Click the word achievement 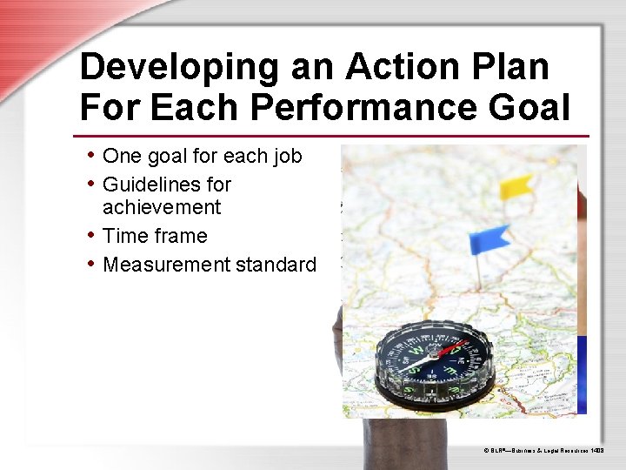tap(162, 207)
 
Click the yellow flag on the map tap(516, 186)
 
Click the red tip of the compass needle tap(453, 349)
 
